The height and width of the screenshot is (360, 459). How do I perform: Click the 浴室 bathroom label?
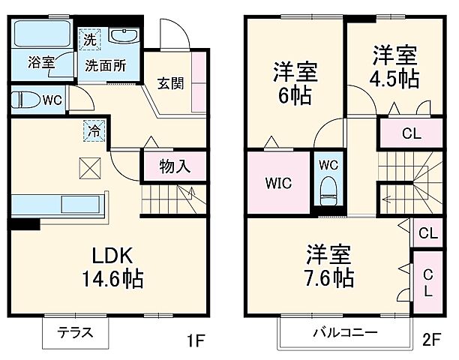(x=40, y=63)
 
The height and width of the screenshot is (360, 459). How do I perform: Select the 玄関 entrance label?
(x=171, y=82)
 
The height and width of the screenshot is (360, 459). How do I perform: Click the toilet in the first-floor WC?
(x=25, y=98)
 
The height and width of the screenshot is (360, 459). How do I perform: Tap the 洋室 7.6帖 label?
(x=329, y=267)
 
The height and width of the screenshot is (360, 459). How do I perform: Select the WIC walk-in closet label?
(x=277, y=184)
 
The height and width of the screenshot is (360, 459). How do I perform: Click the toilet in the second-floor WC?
(x=328, y=190)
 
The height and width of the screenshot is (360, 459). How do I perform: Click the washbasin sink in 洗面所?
(x=120, y=36)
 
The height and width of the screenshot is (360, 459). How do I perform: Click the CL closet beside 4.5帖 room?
(x=411, y=135)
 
